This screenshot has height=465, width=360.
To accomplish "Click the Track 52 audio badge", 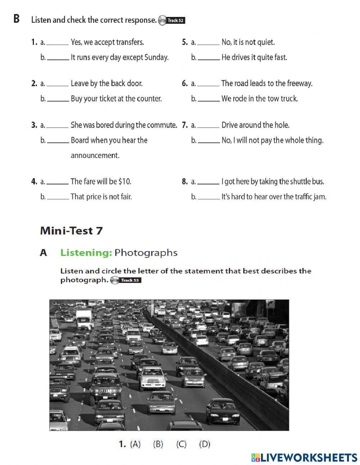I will (x=172, y=21).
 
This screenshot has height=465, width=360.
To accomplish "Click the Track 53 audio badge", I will (x=126, y=280).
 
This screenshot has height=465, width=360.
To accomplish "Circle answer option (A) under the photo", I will (x=135, y=444).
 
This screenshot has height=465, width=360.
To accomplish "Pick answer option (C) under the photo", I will (x=181, y=444).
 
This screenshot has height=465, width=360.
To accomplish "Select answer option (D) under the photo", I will (x=204, y=444).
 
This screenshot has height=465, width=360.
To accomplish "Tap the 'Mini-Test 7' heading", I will (x=71, y=231).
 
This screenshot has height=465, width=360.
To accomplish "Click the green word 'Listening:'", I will (x=86, y=252).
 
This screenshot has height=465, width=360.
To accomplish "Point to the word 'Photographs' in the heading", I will (x=146, y=252).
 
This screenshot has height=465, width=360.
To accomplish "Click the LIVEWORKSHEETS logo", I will (x=304, y=457).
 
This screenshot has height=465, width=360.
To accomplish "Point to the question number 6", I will (x=184, y=84).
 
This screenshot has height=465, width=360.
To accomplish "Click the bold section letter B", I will (x=16, y=19).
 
